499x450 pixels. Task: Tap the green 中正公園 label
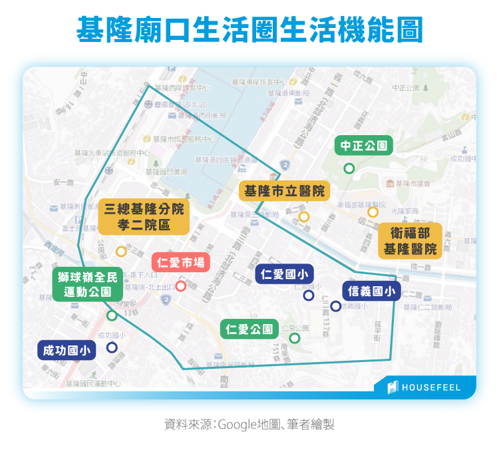click(363, 146)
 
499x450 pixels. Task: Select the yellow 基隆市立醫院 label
click(284, 191)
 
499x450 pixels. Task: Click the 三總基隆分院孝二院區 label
click(143, 216)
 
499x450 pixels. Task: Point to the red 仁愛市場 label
click(180, 262)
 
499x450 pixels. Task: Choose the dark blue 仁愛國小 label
click(284, 274)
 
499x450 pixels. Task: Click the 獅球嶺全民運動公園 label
click(88, 284)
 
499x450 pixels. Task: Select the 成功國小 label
click(67, 351)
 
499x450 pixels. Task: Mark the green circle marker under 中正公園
click(349, 168)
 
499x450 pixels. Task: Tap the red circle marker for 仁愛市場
click(180, 286)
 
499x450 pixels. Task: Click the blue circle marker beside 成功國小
click(111, 347)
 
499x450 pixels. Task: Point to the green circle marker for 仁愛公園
click(295, 338)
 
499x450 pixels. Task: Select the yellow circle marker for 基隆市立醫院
click(304, 216)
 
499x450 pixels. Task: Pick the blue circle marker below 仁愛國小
click(308, 295)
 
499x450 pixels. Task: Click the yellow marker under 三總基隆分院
click(121, 252)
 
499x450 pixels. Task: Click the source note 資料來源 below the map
click(249, 423)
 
